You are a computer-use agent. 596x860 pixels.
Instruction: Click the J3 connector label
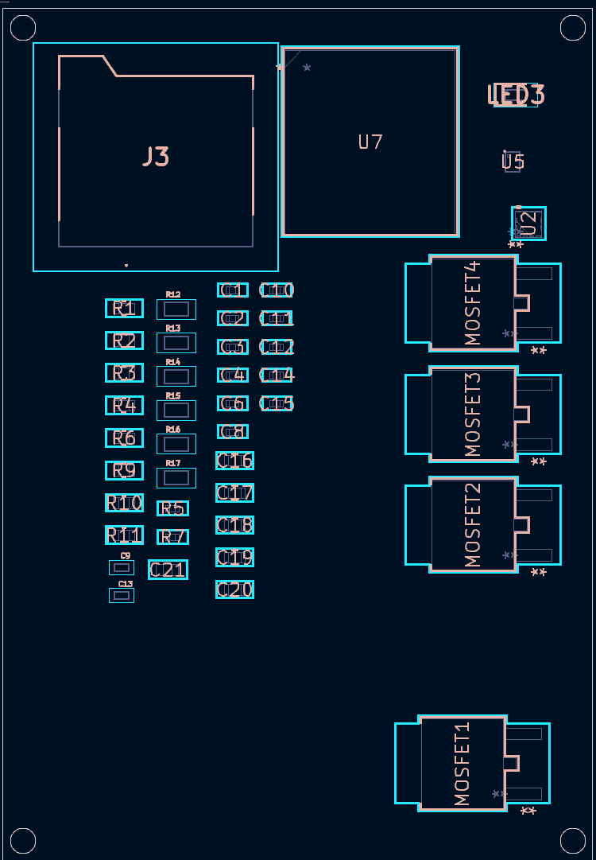[x=156, y=157]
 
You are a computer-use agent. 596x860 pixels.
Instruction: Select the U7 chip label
[x=370, y=142]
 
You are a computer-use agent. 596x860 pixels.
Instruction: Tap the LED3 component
[x=516, y=95]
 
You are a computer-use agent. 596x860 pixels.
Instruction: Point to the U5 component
[x=513, y=161]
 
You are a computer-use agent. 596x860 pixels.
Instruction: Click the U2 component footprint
[x=528, y=224]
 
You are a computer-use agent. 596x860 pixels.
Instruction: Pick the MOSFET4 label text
[x=474, y=302]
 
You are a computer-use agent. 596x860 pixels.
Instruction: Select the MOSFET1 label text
[x=463, y=764]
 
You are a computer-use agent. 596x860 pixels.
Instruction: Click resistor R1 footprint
[x=124, y=308]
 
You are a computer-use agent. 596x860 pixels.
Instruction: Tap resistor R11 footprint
[x=124, y=535]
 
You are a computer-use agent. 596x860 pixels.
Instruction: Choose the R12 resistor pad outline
[x=176, y=309]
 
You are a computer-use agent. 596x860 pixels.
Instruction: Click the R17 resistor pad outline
[x=176, y=478]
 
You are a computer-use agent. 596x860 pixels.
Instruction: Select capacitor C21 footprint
[x=168, y=570]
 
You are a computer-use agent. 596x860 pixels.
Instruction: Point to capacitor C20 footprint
[x=234, y=590]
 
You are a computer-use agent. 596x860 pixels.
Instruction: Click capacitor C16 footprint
[x=234, y=461]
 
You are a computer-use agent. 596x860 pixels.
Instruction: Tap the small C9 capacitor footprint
[x=122, y=567]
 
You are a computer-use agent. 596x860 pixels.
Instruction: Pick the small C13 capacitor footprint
[x=122, y=595]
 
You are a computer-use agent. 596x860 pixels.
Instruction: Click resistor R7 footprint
[x=172, y=537]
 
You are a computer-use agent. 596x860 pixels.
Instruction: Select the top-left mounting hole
[x=22, y=28]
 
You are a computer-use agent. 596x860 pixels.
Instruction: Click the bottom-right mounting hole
[x=572, y=840]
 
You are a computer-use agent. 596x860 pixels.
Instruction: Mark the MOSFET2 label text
[x=474, y=525]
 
